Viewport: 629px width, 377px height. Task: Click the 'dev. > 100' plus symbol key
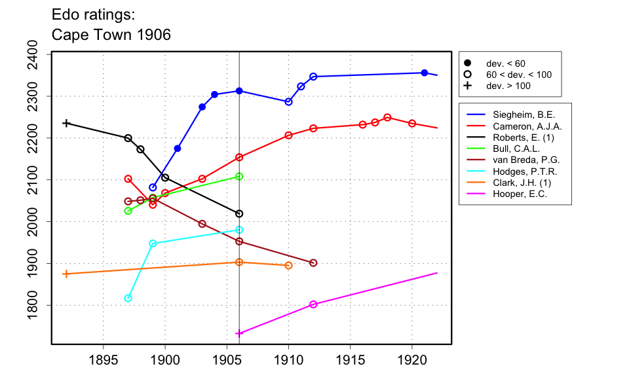[x=468, y=86]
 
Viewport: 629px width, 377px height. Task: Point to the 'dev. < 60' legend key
[x=468, y=63]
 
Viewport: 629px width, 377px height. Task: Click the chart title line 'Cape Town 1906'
[x=111, y=35]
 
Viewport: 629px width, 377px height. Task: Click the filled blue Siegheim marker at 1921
[x=425, y=73]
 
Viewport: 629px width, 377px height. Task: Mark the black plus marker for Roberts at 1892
[x=66, y=123]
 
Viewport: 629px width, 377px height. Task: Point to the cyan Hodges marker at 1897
[x=128, y=298]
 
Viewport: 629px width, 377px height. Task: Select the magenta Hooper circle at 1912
[x=313, y=304]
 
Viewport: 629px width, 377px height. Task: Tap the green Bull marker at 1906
[x=239, y=177]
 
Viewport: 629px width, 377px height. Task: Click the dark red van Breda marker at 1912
[x=313, y=263]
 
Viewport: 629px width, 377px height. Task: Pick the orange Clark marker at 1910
[x=288, y=265]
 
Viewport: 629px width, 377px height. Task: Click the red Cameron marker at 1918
[x=387, y=118]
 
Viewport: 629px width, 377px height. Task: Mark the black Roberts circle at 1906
[x=239, y=214]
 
